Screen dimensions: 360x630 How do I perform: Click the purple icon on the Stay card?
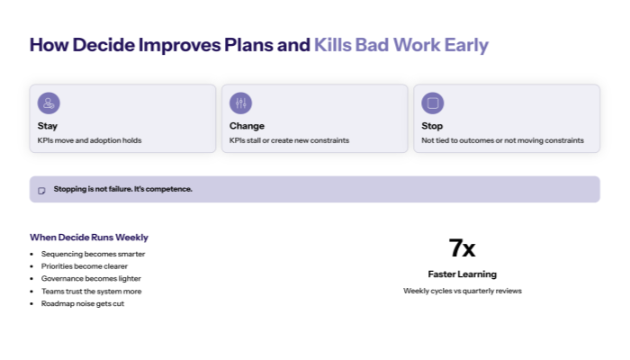49,103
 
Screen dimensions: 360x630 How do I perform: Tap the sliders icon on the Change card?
240,103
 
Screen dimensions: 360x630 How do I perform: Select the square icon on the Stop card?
433,103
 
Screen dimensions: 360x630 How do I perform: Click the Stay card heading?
48,126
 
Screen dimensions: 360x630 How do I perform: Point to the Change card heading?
247,126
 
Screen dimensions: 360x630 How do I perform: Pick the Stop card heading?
432,126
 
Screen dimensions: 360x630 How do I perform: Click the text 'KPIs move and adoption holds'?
89,140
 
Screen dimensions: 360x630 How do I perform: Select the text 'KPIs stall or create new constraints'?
289,140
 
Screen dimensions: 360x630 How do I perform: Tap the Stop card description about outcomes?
502,140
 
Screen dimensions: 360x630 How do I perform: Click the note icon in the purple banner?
42,190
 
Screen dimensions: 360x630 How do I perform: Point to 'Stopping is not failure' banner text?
122,189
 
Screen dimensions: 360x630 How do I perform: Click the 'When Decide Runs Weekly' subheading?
89,238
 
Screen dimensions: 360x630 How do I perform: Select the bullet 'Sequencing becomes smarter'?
93,254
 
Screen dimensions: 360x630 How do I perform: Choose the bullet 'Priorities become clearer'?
90,266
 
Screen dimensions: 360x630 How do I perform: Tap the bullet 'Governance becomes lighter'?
92,279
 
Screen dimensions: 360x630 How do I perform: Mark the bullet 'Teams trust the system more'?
91,292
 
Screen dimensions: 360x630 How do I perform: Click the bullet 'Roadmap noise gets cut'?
83,304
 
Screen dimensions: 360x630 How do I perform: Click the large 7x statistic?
462,248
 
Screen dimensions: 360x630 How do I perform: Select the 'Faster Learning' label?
462,274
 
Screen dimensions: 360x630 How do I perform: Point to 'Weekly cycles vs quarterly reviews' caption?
462,291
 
